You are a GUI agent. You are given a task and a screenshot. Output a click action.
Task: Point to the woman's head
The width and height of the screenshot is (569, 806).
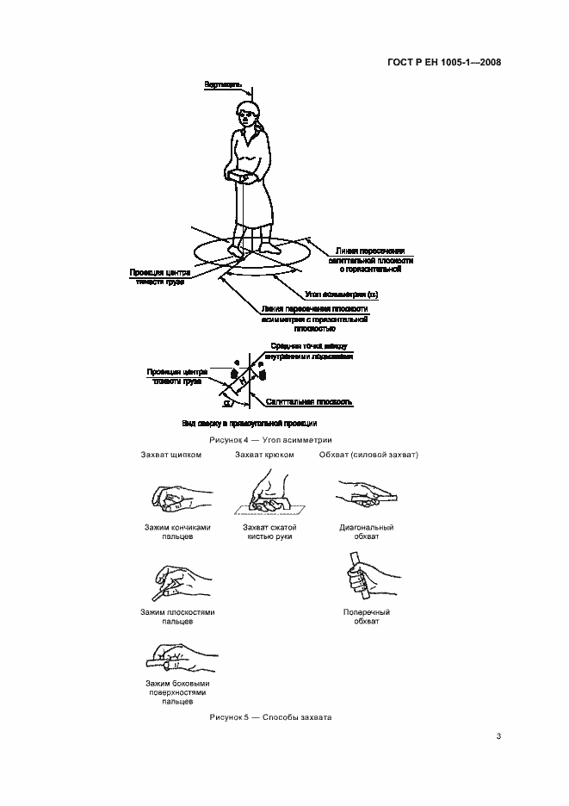coord(249,115)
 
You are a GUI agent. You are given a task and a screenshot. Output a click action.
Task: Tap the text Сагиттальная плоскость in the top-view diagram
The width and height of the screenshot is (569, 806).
coord(309,401)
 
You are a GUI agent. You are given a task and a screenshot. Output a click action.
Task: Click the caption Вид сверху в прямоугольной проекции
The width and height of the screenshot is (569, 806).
coord(250,424)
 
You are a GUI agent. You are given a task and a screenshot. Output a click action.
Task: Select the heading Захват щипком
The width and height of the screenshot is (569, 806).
coord(172,454)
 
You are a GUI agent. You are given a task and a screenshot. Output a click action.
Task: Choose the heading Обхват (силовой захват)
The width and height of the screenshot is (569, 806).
coord(368,454)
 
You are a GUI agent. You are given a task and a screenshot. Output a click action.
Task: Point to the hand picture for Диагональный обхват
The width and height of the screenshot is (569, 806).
coord(365,495)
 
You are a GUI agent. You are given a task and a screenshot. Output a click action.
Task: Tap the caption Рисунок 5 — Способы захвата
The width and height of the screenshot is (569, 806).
coord(270,717)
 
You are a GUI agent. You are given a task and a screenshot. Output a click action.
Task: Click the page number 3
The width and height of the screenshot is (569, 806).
coord(498,735)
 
